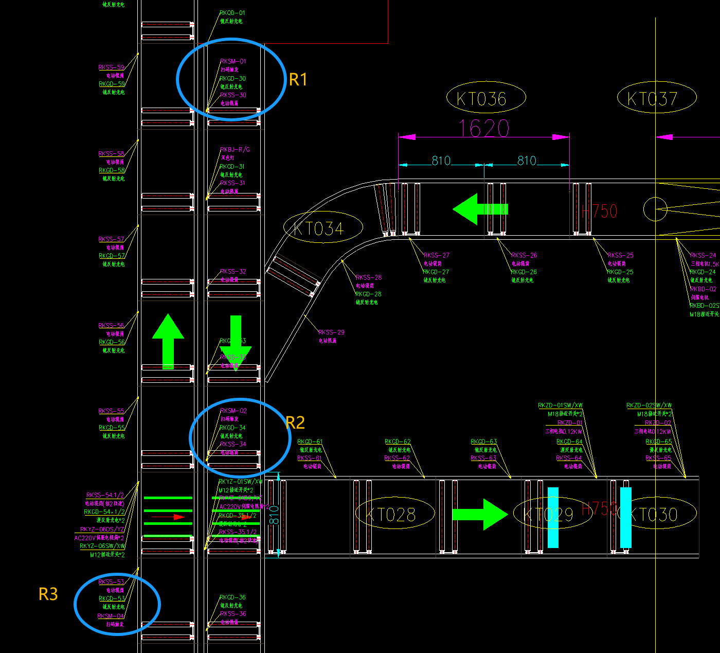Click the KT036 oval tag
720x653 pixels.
tap(485, 98)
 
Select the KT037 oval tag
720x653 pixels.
tap(656, 98)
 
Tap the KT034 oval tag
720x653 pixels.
tap(323, 228)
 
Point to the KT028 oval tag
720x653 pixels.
tap(395, 513)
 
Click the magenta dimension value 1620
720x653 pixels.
tap(483, 128)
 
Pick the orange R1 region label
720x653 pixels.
tap(298, 80)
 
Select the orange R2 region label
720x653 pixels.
tap(296, 423)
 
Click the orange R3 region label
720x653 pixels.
tap(48, 594)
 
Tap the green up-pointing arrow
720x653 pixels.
tap(168, 341)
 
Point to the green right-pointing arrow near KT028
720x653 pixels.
tap(479, 514)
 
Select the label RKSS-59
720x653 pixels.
tap(112, 67)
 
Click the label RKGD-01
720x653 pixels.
tap(232, 13)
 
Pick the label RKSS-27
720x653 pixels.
tap(436, 255)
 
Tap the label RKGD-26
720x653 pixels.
tap(524, 272)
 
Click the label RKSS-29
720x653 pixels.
tap(331, 332)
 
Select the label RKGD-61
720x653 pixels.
tap(310, 442)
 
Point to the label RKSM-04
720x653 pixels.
tap(111, 616)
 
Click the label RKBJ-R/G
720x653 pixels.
tap(235, 150)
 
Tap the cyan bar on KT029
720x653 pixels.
tap(553, 517)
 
